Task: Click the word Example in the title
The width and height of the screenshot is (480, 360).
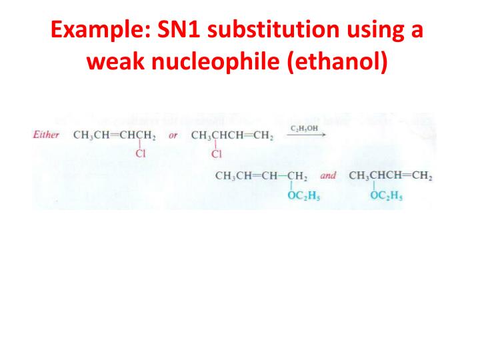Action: (x=93, y=31)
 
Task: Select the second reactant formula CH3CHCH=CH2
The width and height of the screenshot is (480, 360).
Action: (x=231, y=135)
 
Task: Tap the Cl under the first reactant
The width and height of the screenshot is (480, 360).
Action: (x=141, y=155)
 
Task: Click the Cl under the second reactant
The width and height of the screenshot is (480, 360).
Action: (x=215, y=155)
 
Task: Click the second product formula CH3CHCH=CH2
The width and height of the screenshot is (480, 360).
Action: (x=391, y=177)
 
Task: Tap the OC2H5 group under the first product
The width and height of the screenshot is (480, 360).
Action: (x=303, y=196)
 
